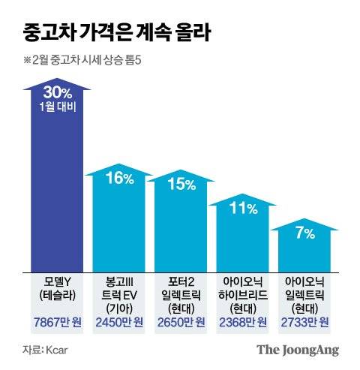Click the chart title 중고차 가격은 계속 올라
point(115,33)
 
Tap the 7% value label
point(304,233)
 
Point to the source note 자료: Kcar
point(44,350)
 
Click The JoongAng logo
point(298,350)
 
